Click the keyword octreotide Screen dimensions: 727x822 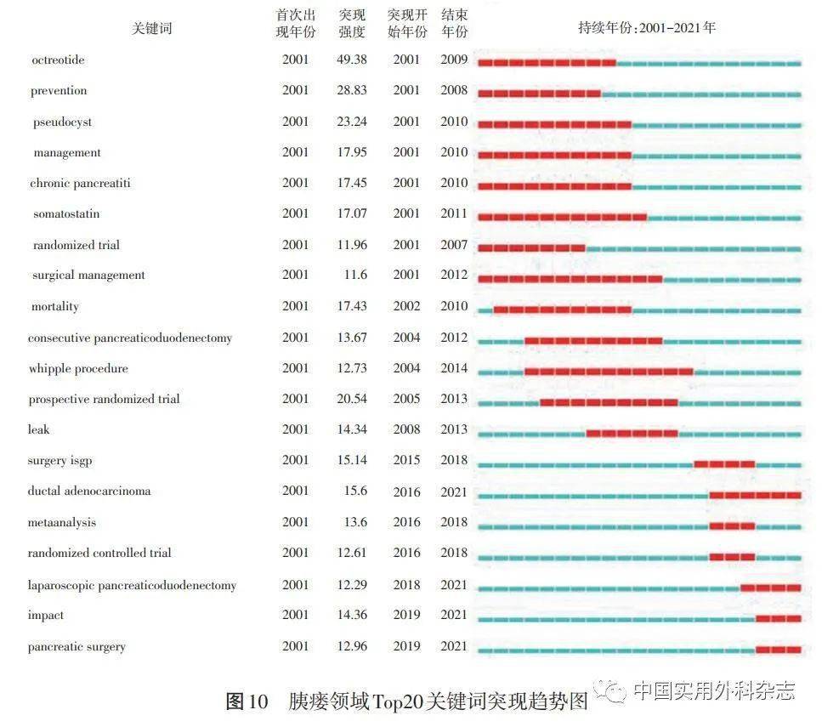[58, 60]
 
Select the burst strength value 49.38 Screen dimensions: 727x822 [351, 60]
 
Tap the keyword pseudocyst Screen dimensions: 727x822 [62, 122]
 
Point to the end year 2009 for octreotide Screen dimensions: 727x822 [454, 60]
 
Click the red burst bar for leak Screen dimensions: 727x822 [632, 434]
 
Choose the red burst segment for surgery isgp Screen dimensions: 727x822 [724, 464]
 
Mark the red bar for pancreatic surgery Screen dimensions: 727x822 [778, 650]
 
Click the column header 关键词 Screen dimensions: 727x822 [151, 28]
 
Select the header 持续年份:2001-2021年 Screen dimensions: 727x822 [647, 27]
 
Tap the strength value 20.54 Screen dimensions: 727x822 [351, 399]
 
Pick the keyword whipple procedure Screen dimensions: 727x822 [78, 368]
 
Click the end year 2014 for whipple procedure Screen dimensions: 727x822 [454, 368]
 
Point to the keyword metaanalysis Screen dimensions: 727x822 [61, 522]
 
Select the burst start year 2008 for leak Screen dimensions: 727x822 [406, 429]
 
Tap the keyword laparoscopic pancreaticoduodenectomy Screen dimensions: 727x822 [132, 585]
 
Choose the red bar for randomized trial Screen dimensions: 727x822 [531, 248]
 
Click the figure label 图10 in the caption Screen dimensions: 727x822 [247, 701]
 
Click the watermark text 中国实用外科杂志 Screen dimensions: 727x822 [714, 690]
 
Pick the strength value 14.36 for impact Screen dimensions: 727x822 [351, 615]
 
